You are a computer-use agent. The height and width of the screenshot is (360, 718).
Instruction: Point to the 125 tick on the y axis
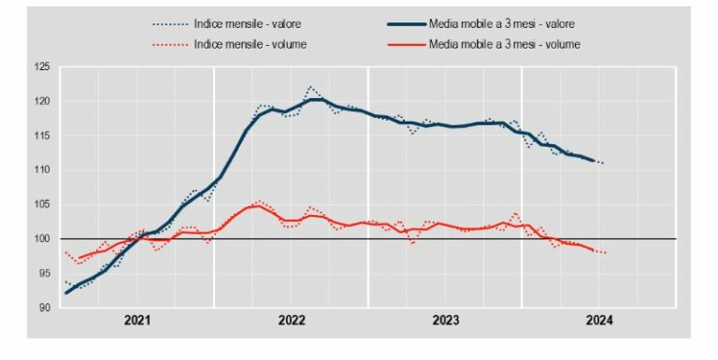pos(41,66)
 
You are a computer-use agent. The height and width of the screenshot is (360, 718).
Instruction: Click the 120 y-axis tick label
pos(41,101)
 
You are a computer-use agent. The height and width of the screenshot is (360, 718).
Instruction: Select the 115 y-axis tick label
pos(41,136)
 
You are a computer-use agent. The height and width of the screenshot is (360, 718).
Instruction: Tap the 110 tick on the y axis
pos(41,170)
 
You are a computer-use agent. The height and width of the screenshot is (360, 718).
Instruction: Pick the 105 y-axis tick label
pos(41,205)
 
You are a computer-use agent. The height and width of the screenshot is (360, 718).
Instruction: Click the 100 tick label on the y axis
pos(41,239)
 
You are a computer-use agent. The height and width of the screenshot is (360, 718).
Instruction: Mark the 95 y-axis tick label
pos(43,273)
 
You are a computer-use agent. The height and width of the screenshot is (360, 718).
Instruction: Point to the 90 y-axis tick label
pos(43,308)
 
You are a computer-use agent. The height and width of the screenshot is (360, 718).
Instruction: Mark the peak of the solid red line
pos(256,206)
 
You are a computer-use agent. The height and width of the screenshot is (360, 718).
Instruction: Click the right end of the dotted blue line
pos(605,164)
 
